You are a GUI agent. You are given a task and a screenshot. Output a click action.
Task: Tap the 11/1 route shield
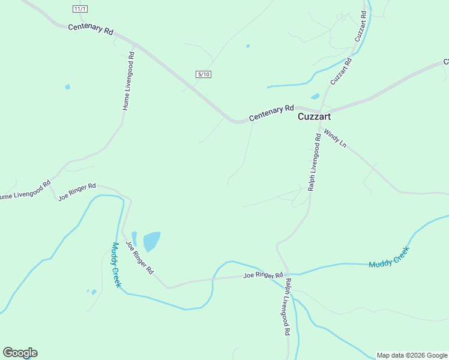tap(80, 9)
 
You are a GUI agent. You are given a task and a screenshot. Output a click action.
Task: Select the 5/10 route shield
tap(203, 74)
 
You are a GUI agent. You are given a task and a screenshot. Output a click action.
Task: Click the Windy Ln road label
tap(336, 138)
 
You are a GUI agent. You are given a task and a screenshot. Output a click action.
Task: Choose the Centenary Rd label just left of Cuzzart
tap(271, 113)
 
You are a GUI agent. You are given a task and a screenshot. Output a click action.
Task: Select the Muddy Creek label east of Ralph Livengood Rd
tap(388, 257)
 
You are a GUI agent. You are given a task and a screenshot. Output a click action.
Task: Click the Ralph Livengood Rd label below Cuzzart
tap(315, 163)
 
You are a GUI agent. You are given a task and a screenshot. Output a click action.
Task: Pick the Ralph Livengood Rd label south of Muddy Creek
tap(288, 307)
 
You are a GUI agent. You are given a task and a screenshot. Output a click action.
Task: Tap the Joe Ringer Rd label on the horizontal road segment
tap(263, 275)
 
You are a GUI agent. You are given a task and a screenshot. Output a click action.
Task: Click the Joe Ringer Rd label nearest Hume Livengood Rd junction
tap(77, 192)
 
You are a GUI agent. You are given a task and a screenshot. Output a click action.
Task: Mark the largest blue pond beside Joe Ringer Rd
tap(152, 241)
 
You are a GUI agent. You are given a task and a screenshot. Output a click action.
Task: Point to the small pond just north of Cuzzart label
tap(315, 96)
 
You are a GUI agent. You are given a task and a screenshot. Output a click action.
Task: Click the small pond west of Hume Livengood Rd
tap(67, 87)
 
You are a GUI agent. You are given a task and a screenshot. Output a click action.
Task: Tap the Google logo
tap(20, 353)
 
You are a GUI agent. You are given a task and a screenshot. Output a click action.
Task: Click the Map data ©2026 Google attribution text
tap(412, 355)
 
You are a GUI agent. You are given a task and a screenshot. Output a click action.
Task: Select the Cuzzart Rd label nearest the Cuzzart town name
tap(340, 70)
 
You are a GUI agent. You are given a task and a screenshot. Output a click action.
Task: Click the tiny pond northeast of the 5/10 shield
tap(248, 46)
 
